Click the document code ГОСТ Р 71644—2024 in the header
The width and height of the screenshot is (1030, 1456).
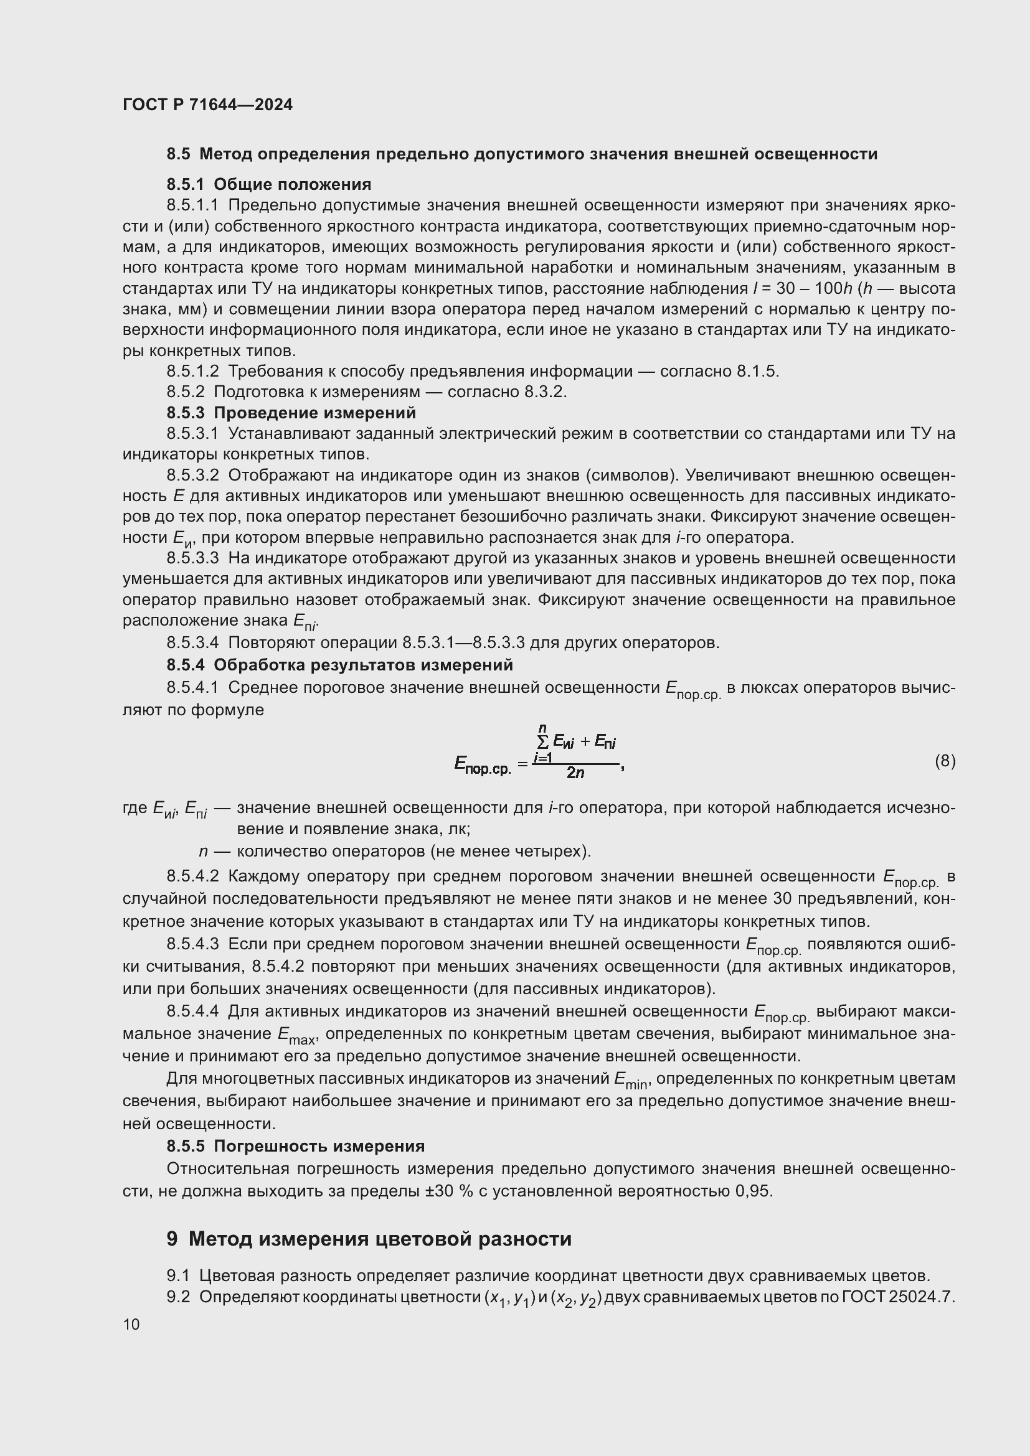tap(207, 105)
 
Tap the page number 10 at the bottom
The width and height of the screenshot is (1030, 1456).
tap(131, 1324)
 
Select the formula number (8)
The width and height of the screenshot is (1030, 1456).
tap(945, 760)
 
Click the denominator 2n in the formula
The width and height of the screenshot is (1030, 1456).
tap(575, 773)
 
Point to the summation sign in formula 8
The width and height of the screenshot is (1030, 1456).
tap(543, 741)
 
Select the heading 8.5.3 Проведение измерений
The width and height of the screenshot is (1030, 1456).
tap(291, 413)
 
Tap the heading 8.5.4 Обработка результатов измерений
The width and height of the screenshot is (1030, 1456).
tap(339, 665)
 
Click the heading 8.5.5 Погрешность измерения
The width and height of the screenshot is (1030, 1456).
tap(296, 1146)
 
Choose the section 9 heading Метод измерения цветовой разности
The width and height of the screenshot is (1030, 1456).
tap(369, 1239)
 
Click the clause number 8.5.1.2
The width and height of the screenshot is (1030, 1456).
tap(193, 371)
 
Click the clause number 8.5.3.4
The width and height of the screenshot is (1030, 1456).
tap(193, 642)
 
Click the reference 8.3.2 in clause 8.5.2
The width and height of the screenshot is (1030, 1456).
tap(544, 392)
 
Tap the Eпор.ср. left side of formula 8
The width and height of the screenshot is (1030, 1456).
tap(482, 765)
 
